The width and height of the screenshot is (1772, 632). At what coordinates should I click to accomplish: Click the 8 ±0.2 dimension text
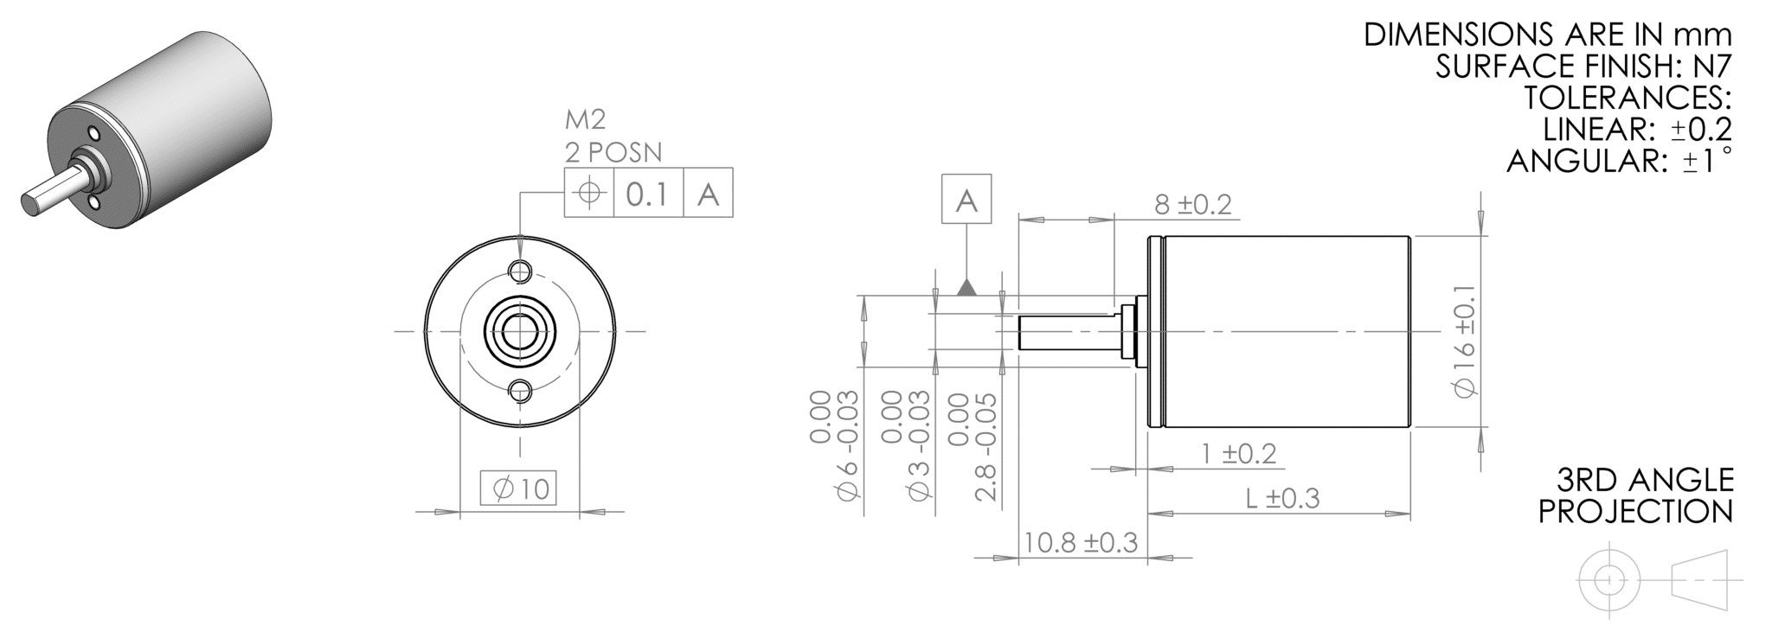1191,205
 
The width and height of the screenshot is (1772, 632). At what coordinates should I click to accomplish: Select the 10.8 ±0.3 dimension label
1080,543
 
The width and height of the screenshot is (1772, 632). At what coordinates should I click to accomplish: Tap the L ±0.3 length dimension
1282,499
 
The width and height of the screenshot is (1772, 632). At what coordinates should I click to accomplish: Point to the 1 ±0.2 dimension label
1239,454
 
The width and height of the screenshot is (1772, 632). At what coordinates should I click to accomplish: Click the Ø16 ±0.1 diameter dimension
1465,337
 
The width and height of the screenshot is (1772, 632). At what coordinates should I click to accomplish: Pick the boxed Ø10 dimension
519,489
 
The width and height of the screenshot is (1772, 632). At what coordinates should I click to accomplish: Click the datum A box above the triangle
966,200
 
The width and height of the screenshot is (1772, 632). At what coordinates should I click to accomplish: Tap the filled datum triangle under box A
966,288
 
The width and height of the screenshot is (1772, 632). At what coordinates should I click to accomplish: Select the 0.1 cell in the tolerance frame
647,193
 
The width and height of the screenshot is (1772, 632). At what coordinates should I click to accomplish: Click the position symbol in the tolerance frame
589,193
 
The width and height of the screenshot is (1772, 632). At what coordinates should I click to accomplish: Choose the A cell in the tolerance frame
708,193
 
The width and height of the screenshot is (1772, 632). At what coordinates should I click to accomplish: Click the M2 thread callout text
585,120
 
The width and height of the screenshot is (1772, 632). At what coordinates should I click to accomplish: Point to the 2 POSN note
613,153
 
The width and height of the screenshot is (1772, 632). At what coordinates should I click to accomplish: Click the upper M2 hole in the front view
520,271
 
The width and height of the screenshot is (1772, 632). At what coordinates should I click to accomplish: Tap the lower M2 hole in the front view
520,391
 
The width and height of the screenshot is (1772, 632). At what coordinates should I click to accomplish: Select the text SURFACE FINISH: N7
1583,67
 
